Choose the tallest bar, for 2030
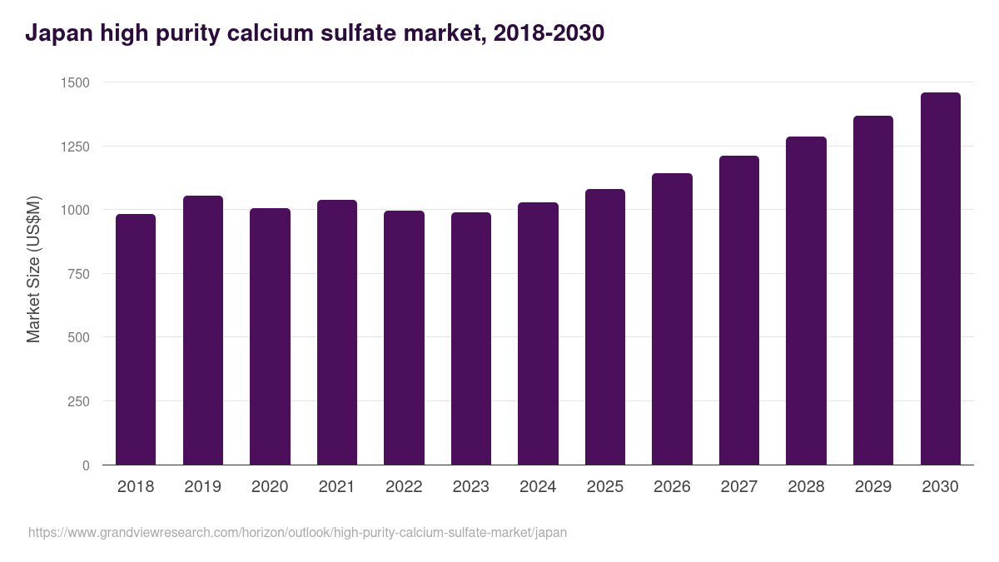(940, 279)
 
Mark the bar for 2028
(806, 301)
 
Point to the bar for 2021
(337, 332)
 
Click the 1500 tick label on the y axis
(74, 82)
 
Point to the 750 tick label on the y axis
(77, 274)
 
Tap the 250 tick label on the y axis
(77, 401)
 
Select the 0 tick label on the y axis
(86, 465)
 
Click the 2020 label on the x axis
(270, 487)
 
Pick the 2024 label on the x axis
(538, 487)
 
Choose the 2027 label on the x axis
(739, 487)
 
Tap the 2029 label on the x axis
(873, 487)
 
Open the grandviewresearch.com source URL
(297, 532)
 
